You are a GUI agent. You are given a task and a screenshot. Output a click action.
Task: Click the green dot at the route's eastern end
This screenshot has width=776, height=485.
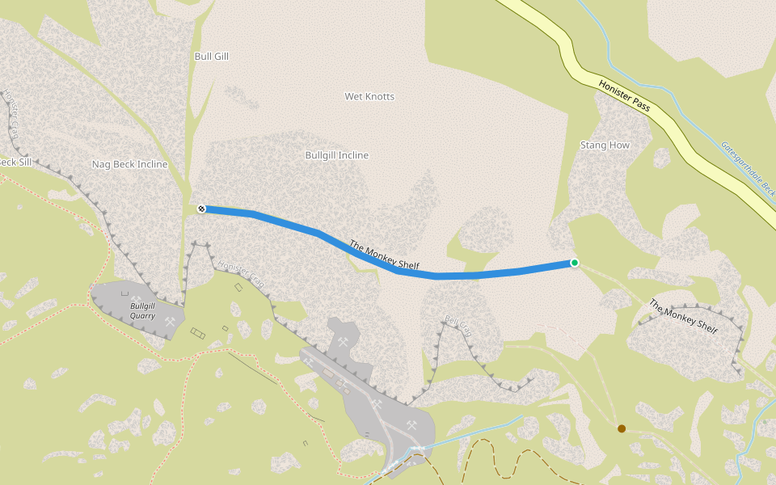pos(575,263)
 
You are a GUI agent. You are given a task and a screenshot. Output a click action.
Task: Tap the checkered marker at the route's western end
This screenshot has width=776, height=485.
pos(201,209)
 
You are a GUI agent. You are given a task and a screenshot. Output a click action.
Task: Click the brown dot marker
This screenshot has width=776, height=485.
pos(622,428)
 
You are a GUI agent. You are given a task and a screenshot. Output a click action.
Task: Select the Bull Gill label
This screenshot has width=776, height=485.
pos(212,57)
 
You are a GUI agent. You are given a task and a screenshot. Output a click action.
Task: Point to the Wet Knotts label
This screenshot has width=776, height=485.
pos(369,96)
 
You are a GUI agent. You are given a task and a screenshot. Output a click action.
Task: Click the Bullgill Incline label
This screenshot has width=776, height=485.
pos(336,155)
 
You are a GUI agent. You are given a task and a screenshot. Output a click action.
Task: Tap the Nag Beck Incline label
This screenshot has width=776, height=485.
pos(129,164)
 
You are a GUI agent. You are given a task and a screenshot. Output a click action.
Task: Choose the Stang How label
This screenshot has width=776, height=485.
pos(605,145)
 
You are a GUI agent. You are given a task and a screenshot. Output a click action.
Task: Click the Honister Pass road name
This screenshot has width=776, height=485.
pos(625,96)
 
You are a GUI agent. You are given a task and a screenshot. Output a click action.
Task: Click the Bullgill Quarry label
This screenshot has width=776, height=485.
pos(142,311)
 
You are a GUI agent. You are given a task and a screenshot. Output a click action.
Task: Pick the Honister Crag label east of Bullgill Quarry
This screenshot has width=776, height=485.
pos(242,275)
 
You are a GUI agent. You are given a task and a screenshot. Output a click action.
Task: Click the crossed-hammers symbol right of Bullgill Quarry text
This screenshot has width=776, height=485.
pos(170,322)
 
